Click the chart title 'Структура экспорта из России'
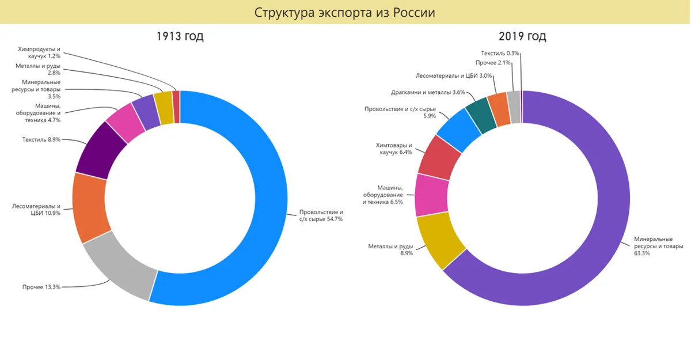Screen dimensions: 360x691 (345, 12)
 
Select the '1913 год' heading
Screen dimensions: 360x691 (180, 36)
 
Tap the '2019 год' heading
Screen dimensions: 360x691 (522, 36)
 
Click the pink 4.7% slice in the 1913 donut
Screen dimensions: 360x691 (126, 123)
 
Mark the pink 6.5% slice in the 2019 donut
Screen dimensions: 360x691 (431, 195)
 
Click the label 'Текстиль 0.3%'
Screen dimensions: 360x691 (500, 53)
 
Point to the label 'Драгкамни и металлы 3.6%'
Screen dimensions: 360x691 (428, 92)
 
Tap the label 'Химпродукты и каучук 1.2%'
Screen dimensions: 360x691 (39, 52)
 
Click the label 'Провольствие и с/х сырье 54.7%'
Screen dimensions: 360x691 (321, 215)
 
